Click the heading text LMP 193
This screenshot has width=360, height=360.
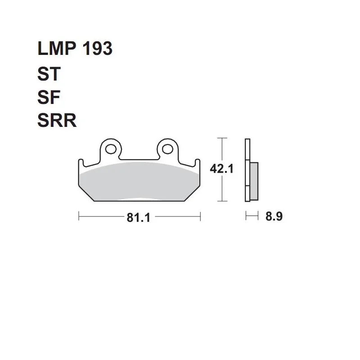click(x=75, y=48)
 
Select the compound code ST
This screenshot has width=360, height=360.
click(x=49, y=74)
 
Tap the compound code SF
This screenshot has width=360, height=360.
click(x=49, y=97)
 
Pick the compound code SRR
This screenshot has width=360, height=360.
click(x=57, y=120)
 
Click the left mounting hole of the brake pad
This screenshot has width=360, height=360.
click(x=111, y=149)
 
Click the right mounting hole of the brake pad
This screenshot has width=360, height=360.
click(x=167, y=149)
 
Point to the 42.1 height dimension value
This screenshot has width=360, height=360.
click(x=221, y=169)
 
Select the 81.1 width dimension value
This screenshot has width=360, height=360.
click(x=139, y=217)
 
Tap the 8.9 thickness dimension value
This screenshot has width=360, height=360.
click(x=274, y=216)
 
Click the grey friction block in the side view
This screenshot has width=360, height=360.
click(x=254, y=181)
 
